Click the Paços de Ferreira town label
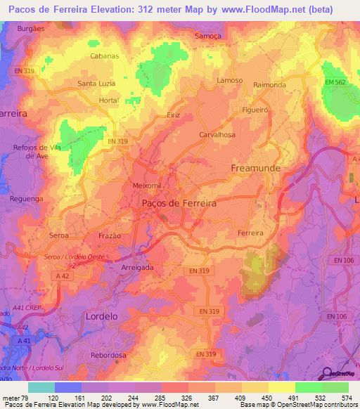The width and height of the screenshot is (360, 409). click(x=179, y=202)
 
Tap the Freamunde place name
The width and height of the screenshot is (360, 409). click(x=256, y=169)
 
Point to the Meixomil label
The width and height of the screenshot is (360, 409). click(x=147, y=185)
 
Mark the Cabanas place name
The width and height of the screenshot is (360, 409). click(x=104, y=56)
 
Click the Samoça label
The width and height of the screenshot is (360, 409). click(x=208, y=34)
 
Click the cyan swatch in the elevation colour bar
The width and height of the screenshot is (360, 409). click(x=41, y=387)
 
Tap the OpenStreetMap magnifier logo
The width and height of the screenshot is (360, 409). click(x=327, y=375)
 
